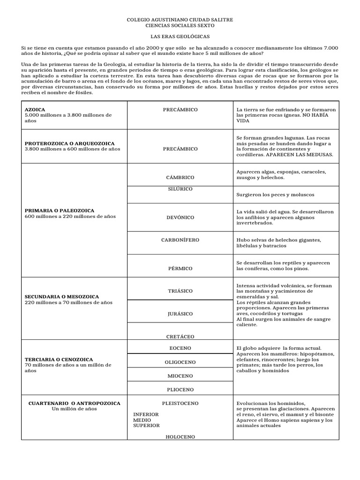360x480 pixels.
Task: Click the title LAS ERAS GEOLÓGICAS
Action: pos(180,36)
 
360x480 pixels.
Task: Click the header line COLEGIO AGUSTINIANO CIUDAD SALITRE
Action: pos(180,20)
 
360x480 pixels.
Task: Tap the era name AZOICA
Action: pos(35,110)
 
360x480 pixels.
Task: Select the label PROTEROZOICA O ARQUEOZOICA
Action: pos(69,143)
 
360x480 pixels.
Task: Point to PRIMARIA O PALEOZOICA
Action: pos(60,211)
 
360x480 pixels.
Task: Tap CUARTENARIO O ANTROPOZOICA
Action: pos(75,403)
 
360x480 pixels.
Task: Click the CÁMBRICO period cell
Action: pos(180,178)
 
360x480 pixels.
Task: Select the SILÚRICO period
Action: pos(180,188)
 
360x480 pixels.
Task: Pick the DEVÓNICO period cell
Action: pos(180,217)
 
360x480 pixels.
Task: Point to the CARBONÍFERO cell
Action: pos(180,240)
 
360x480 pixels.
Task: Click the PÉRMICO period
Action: pos(180,269)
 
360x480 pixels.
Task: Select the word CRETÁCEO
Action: pos(180,337)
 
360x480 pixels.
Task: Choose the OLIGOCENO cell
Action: pos(180,362)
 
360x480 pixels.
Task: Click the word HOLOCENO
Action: pos(180,437)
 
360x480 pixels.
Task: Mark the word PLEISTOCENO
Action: pos(180,403)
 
